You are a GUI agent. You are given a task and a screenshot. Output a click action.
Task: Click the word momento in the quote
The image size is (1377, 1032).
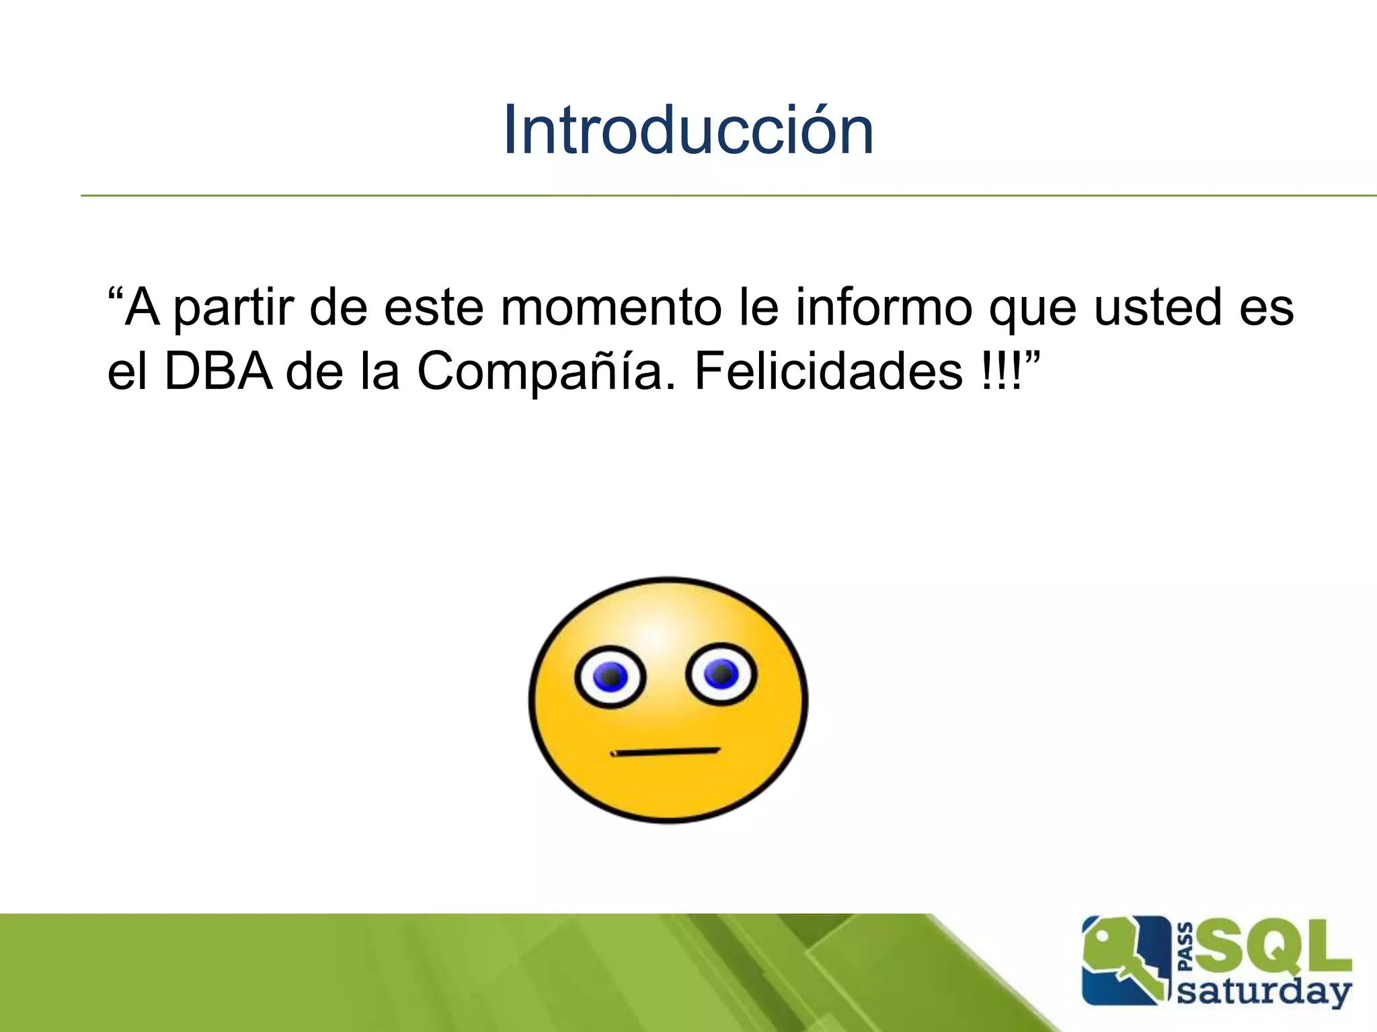611,308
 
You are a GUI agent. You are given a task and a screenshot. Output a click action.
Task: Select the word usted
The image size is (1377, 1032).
1156,308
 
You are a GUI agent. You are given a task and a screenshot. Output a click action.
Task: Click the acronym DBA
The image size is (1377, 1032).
219,371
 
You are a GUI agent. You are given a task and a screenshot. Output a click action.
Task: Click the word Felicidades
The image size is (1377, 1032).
828,371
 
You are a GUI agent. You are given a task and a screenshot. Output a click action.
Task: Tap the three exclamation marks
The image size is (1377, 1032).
1000,371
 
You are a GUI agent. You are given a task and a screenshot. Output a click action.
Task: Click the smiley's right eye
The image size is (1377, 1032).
721,675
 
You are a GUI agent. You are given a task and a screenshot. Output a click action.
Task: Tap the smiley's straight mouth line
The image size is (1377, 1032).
666,752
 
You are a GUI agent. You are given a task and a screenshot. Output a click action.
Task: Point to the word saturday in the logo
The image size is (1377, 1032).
1264,992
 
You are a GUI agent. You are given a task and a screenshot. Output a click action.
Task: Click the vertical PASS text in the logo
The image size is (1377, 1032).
1186,947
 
